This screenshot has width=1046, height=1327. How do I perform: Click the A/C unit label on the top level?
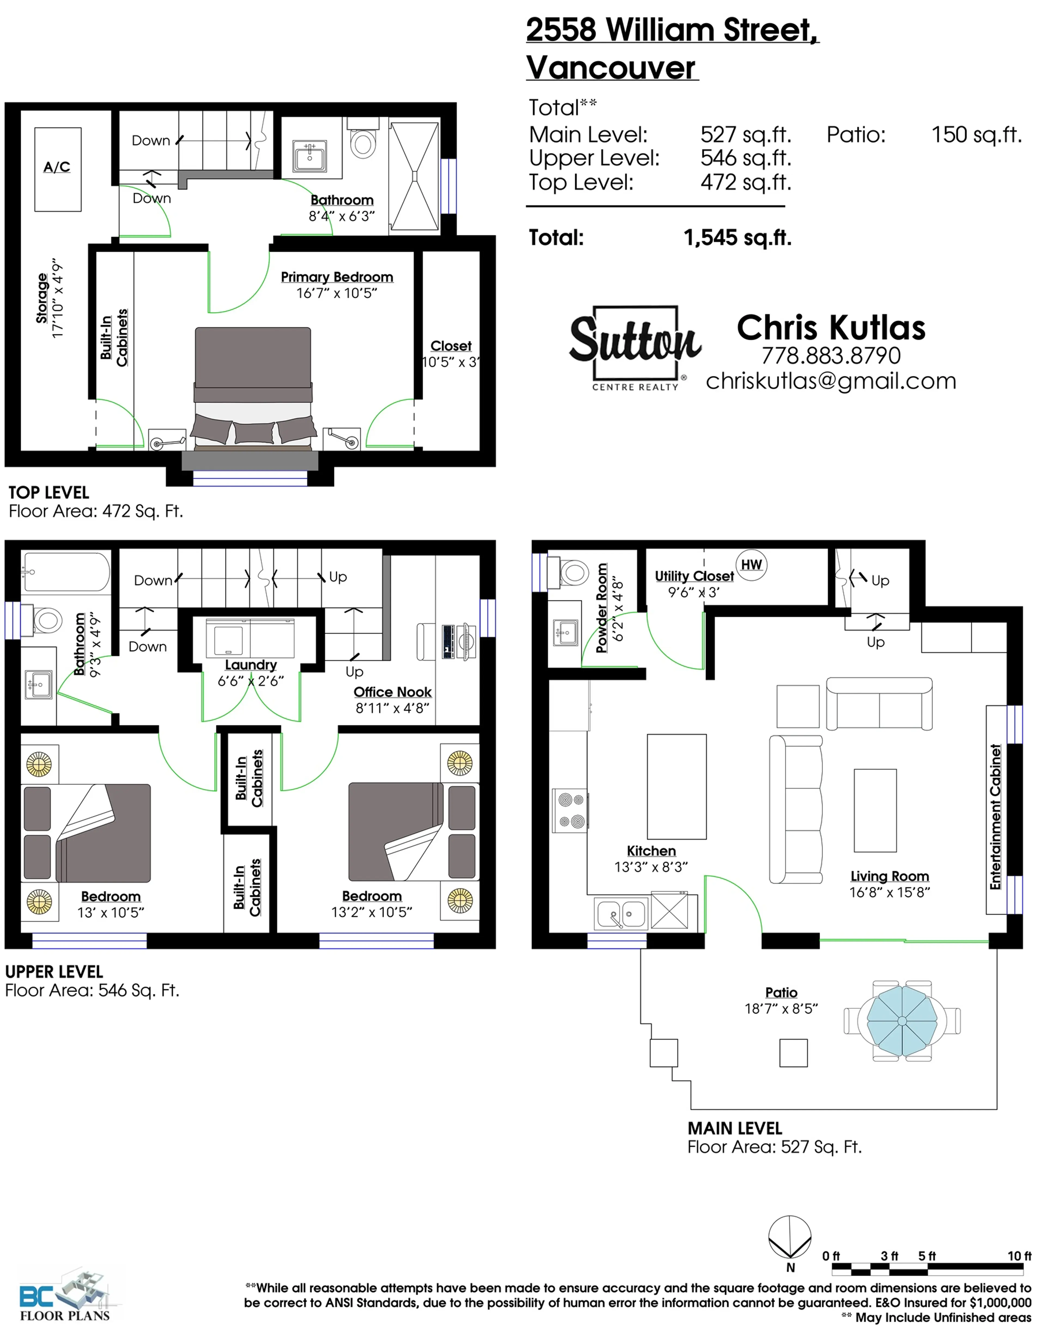(x=57, y=167)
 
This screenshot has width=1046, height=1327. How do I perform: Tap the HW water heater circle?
(x=752, y=565)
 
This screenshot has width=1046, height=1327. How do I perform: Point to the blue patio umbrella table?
(x=902, y=1021)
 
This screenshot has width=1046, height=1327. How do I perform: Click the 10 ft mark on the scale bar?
(x=1019, y=1256)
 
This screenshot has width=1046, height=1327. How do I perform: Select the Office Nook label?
(x=393, y=692)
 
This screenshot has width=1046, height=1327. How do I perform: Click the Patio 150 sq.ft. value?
(x=976, y=135)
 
